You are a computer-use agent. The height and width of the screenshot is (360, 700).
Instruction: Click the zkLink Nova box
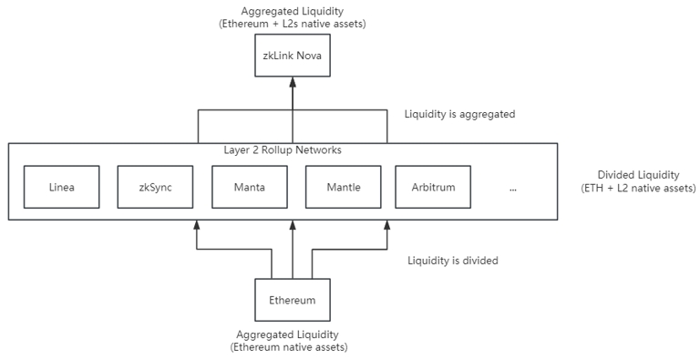(x=292, y=56)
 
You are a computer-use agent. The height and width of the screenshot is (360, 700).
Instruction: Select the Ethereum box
(x=292, y=299)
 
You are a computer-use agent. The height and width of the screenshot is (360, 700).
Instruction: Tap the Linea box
(x=61, y=188)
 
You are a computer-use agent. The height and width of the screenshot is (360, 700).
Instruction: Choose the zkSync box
(x=154, y=188)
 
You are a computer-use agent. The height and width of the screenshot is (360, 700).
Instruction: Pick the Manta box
(x=248, y=188)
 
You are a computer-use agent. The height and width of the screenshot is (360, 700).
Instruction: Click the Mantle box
(x=343, y=188)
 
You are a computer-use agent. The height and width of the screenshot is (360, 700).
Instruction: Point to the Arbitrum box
(x=433, y=188)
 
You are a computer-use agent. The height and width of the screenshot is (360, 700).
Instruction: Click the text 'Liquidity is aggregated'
(x=459, y=115)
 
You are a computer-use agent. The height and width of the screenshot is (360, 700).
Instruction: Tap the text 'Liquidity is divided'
(x=452, y=261)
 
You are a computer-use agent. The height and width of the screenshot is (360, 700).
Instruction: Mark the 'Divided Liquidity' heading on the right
(x=638, y=175)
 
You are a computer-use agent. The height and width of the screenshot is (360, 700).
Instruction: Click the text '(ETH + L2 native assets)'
(x=638, y=188)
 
